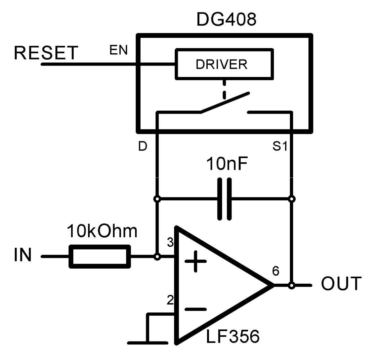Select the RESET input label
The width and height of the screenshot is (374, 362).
click(x=46, y=53)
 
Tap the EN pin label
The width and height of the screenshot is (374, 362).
click(x=119, y=50)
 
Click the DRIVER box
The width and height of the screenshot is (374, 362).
click(x=223, y=64)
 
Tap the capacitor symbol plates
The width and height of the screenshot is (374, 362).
click(x=224, y=199)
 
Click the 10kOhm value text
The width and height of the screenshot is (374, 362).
click(x=102, y=232)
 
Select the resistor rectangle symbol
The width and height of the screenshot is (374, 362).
click(x=99, y=257)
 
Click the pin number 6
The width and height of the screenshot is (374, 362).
click(x=276, y=271)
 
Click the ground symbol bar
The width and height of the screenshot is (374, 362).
click(x=147, y=343)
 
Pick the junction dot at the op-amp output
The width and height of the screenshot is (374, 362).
click(x=292, y=285)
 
